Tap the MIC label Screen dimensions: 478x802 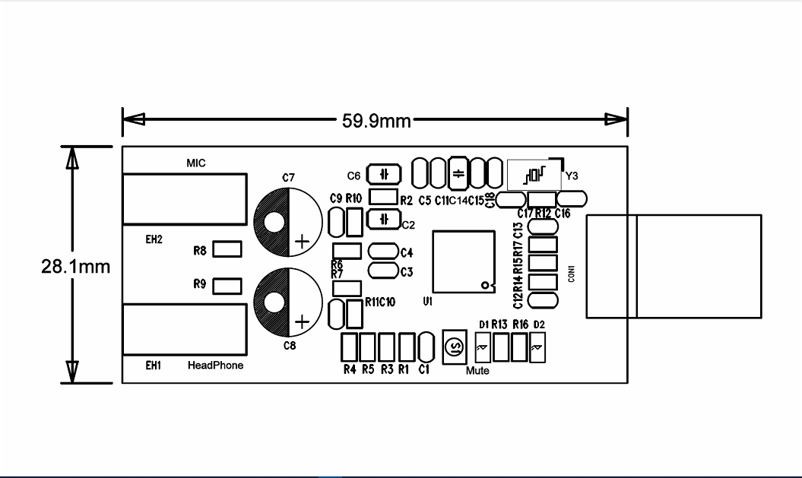click(x=196, y=163)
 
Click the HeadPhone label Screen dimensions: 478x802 click(x=216, y=366)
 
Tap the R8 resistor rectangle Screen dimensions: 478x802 click(x=227, y=249)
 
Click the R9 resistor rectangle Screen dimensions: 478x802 click(x=227, y=286)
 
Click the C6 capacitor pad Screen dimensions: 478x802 click(x=385, y=175)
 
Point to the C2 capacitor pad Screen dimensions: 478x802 click(x=384, y=220)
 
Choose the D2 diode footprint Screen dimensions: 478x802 click(x=538, y=348)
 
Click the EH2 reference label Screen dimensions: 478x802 click(x=154, y=239)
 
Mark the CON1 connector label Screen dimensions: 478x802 click(x=571, y=274)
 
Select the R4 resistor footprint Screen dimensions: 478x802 click(x=350, y=347)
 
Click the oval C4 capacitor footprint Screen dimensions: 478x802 click(x=383, y=252)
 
